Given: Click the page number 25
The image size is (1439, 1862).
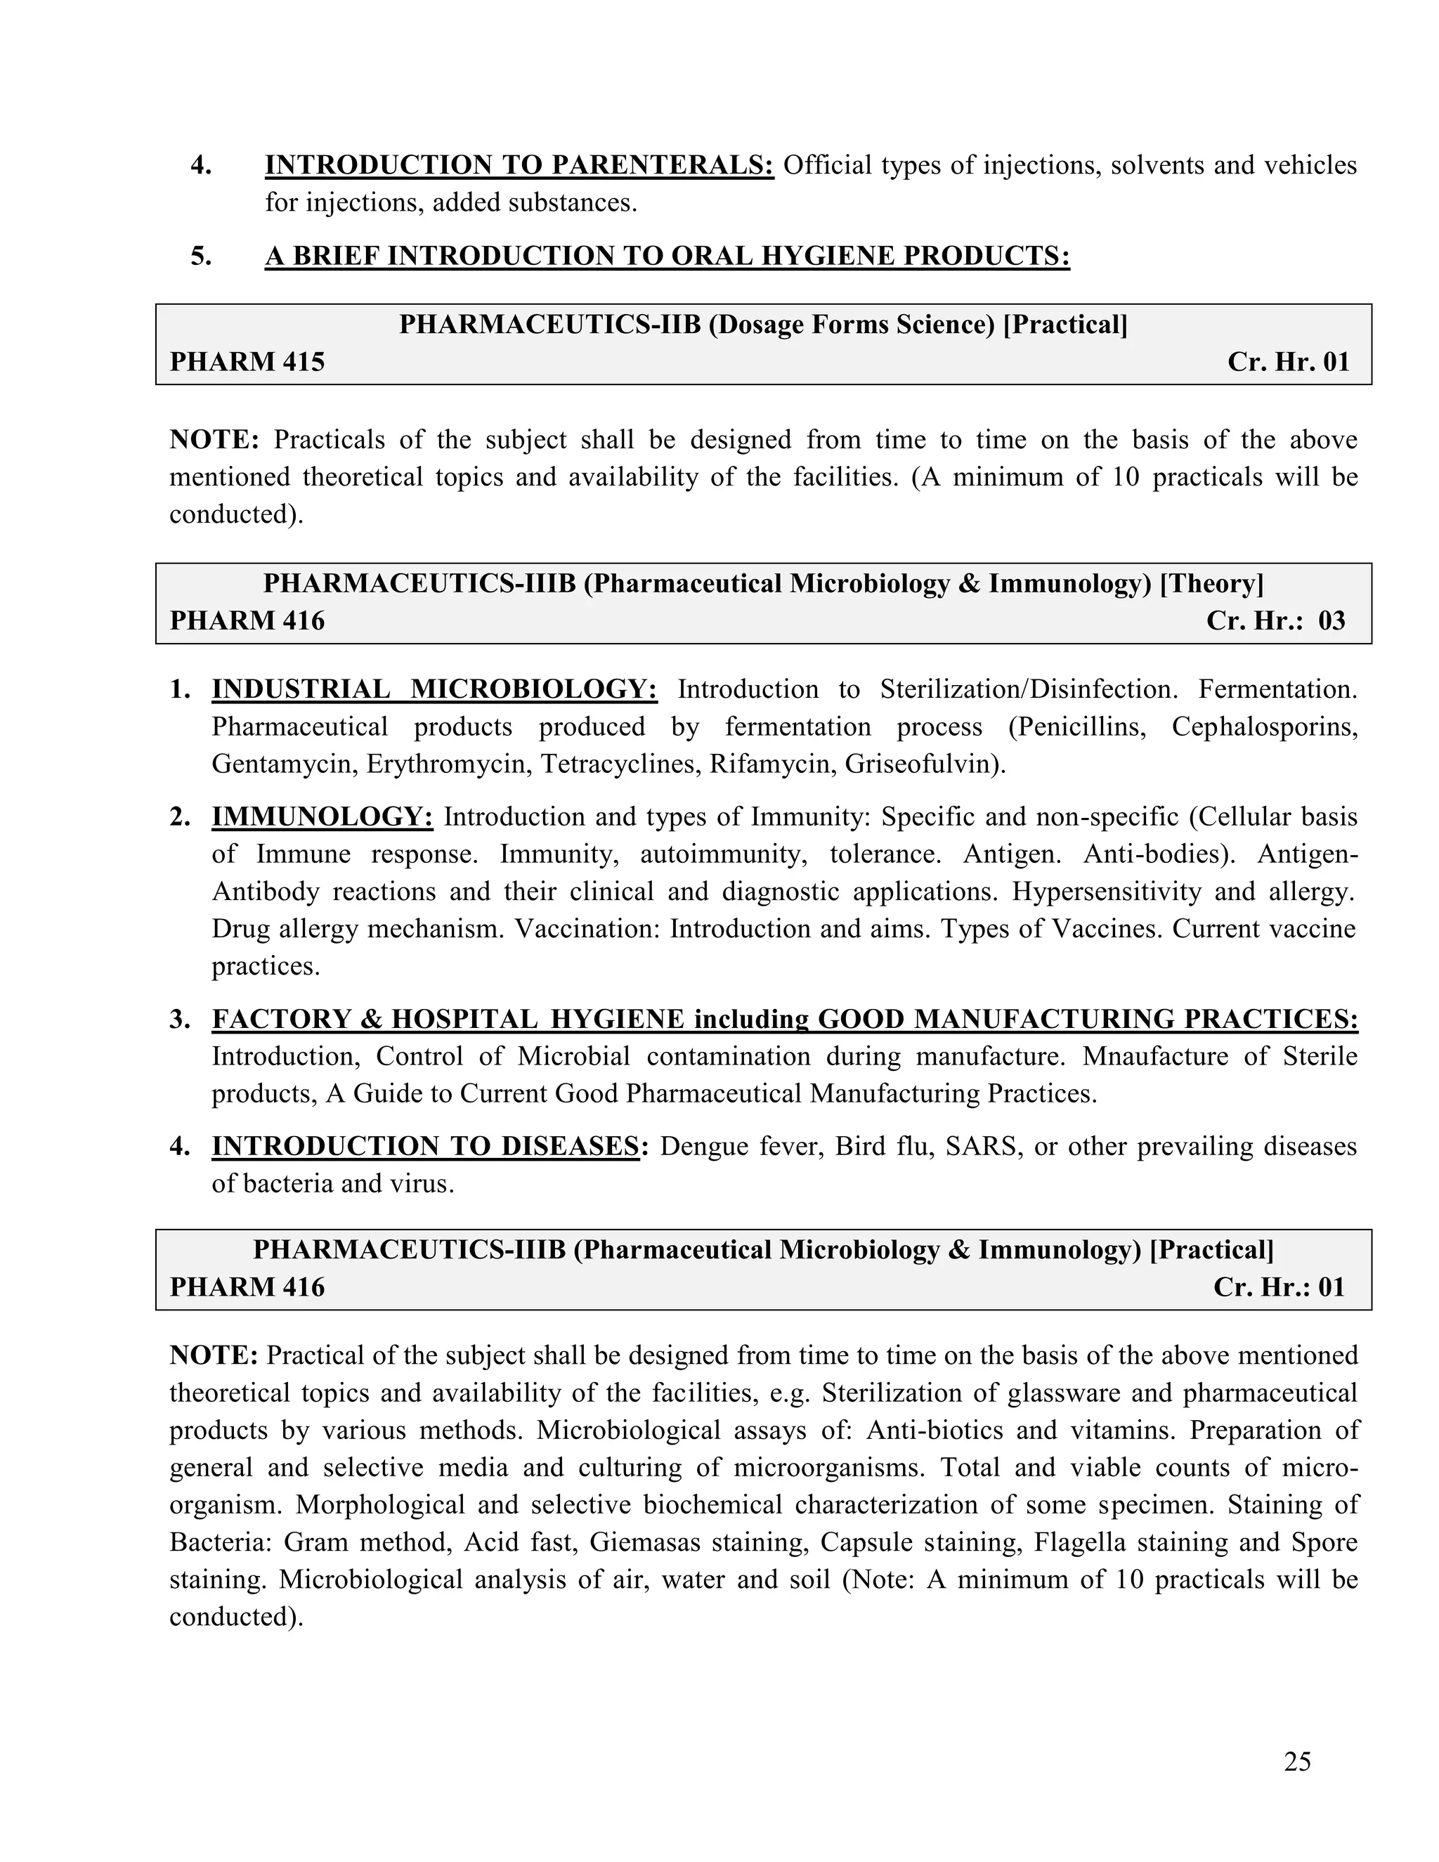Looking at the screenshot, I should point(1296,1761).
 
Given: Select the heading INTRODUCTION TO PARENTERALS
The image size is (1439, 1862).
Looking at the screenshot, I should point(519,164).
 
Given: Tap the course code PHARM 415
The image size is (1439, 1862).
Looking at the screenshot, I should point(247,361).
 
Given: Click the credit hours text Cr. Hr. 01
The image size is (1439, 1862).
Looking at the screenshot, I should point(1288,361).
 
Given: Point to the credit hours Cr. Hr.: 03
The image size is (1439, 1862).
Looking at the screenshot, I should point(1275,620).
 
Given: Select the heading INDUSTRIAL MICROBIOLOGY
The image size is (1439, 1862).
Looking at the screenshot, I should point(434,689).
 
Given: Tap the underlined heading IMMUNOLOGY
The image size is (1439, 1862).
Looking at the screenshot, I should point(323,816).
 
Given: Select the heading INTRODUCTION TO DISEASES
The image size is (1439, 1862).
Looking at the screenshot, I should point(424,1146).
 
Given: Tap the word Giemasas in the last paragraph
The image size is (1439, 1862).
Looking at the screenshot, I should point(645,1542).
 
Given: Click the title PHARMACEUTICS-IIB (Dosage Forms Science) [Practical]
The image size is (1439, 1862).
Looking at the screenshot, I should point(763,325).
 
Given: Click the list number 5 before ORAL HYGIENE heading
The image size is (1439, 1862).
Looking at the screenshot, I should point(201,256).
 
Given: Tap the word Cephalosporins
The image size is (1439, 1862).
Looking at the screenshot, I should point(1264,727).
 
